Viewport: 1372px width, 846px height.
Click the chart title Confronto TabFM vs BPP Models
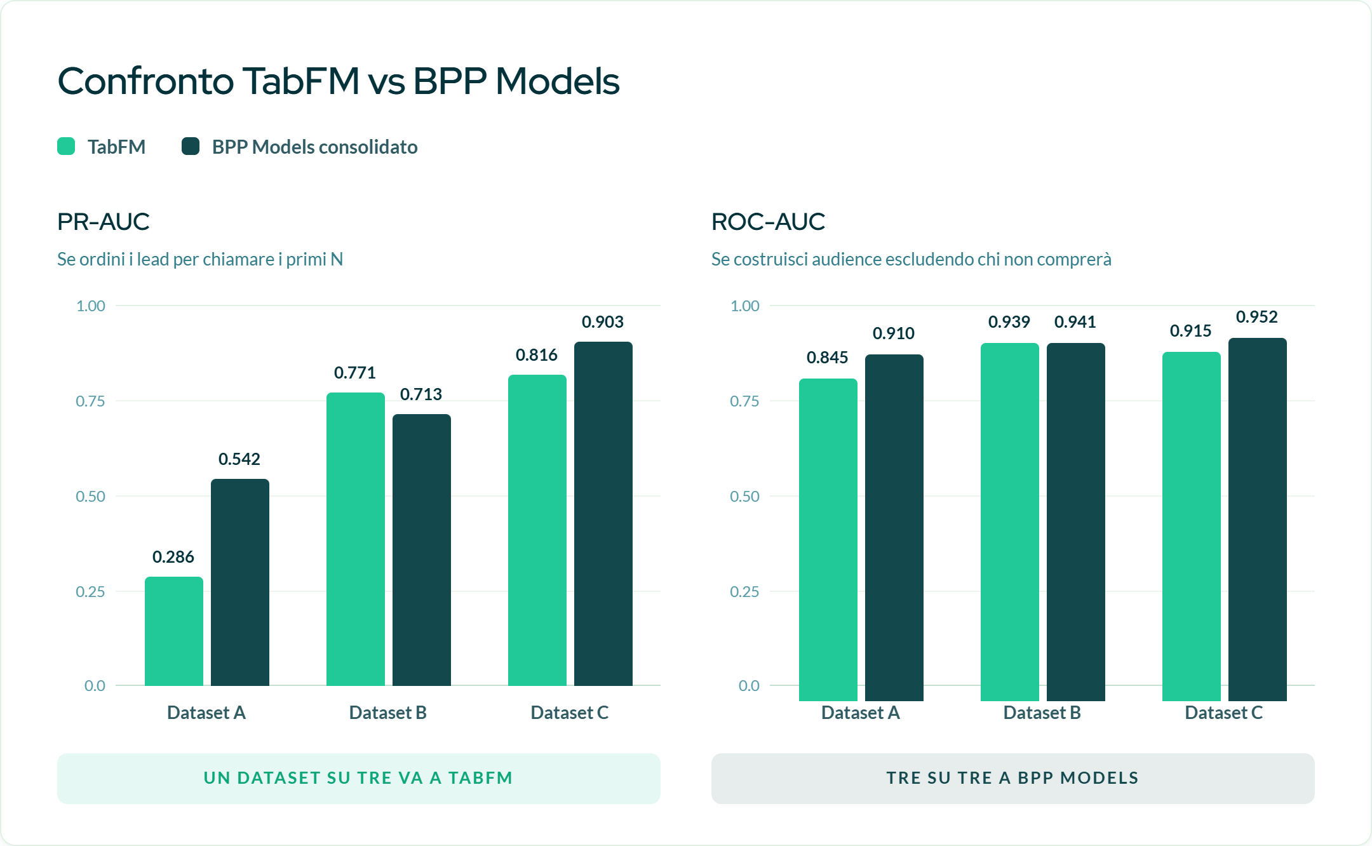(339, 81)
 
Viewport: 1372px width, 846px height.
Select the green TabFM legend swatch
(66, 147)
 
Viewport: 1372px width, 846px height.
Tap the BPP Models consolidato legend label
(314, 147)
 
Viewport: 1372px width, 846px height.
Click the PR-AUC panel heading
(104, 222)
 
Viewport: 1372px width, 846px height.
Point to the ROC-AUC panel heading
(768, 222)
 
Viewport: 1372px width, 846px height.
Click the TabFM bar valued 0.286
(174, 631)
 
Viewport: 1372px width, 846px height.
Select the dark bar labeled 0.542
(240, 582)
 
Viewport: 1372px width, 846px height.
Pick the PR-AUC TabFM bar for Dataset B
(356, 539)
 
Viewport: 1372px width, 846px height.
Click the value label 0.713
(421, 394)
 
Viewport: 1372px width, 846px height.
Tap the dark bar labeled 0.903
(603, 514)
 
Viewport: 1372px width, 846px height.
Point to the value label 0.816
(537, 355)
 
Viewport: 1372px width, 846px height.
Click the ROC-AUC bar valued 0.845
(828, 540)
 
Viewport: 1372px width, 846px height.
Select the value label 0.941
(1075, 322)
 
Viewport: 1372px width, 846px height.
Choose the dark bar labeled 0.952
(1258, 520)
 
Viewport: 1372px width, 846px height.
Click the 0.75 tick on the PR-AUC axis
(90, 401)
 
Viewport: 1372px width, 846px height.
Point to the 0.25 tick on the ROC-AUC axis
(744, 591)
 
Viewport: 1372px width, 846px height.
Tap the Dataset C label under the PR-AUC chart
(570, 713)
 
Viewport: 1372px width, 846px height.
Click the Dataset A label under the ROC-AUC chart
(861, 713)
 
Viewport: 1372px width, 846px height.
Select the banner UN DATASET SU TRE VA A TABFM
(359, 779)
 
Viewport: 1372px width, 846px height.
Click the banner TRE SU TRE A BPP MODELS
(1013, 779)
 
